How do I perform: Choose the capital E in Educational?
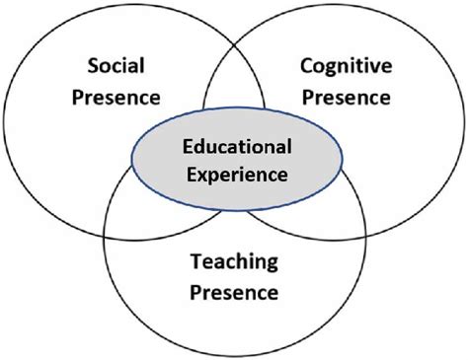tap(187, 148)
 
